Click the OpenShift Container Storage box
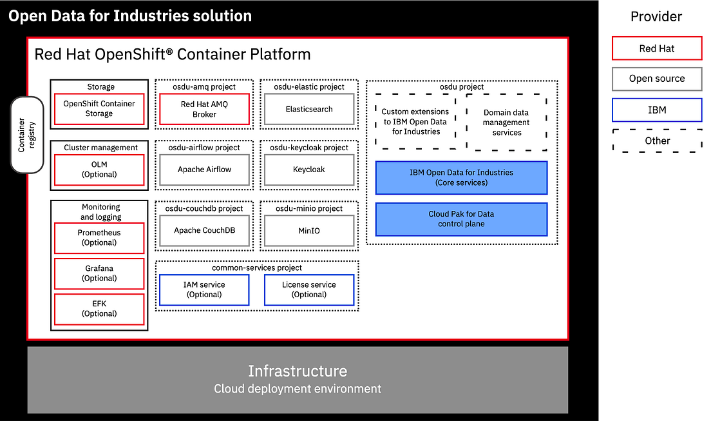[99, 109]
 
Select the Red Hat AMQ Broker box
[204, 109]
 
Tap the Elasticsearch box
[309, 109]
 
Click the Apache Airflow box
[204, 170]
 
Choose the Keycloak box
[309, 170]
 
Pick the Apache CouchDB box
[204, 230]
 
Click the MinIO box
[309, 230]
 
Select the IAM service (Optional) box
[204, 290]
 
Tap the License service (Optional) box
[309, 290]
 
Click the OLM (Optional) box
[99, 170]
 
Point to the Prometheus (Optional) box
[99, 238]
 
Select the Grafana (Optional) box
[99, 273]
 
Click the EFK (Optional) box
[99, 309]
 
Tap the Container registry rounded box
[27, 134]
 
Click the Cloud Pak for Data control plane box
[461, 219]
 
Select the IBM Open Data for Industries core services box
[461, 178]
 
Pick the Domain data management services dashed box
[506, 122]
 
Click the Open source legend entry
[656, 79]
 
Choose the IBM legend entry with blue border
[656, 110]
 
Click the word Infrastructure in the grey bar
[298, 371]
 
